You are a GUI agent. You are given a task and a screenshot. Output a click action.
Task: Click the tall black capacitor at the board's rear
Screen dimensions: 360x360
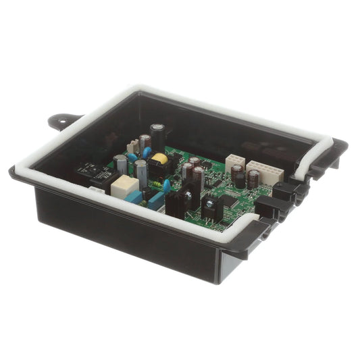click(157, 134)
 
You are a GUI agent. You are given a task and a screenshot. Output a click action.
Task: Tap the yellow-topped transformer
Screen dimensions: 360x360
click(159, 159)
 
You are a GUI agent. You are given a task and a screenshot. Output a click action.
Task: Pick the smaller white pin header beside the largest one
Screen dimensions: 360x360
click(234, 163)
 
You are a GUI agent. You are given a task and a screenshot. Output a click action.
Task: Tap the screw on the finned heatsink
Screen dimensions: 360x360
click(187, 195)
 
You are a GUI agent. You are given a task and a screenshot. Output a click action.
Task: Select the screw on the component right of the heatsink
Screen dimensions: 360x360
click(210, 203)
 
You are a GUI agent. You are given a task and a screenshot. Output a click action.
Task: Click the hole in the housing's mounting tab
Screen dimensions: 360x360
click(58, 121)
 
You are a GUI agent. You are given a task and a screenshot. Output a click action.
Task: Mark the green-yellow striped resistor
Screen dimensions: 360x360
click(157, 184)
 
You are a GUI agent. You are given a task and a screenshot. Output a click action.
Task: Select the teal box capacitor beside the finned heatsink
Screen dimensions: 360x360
click(155, 201)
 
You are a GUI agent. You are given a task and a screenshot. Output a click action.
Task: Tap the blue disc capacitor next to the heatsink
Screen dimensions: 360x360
click(166, 184)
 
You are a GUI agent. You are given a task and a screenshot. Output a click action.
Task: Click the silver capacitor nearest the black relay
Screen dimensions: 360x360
click(121, 164)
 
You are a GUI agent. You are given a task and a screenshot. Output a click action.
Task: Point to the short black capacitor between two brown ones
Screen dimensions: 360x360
click(240, 180)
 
